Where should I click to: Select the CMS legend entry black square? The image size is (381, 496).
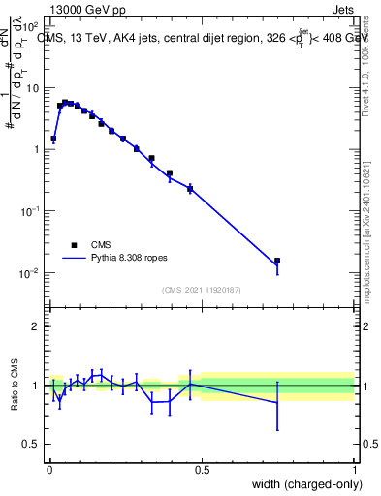(x=74, y=245)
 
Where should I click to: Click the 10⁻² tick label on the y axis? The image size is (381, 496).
(x=30, y=273)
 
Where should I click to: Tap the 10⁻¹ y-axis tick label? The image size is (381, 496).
(x=30, y=211)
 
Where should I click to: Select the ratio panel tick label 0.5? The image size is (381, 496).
(x=32, y=447)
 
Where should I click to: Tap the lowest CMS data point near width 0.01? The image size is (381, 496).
(x=53, y=139)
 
